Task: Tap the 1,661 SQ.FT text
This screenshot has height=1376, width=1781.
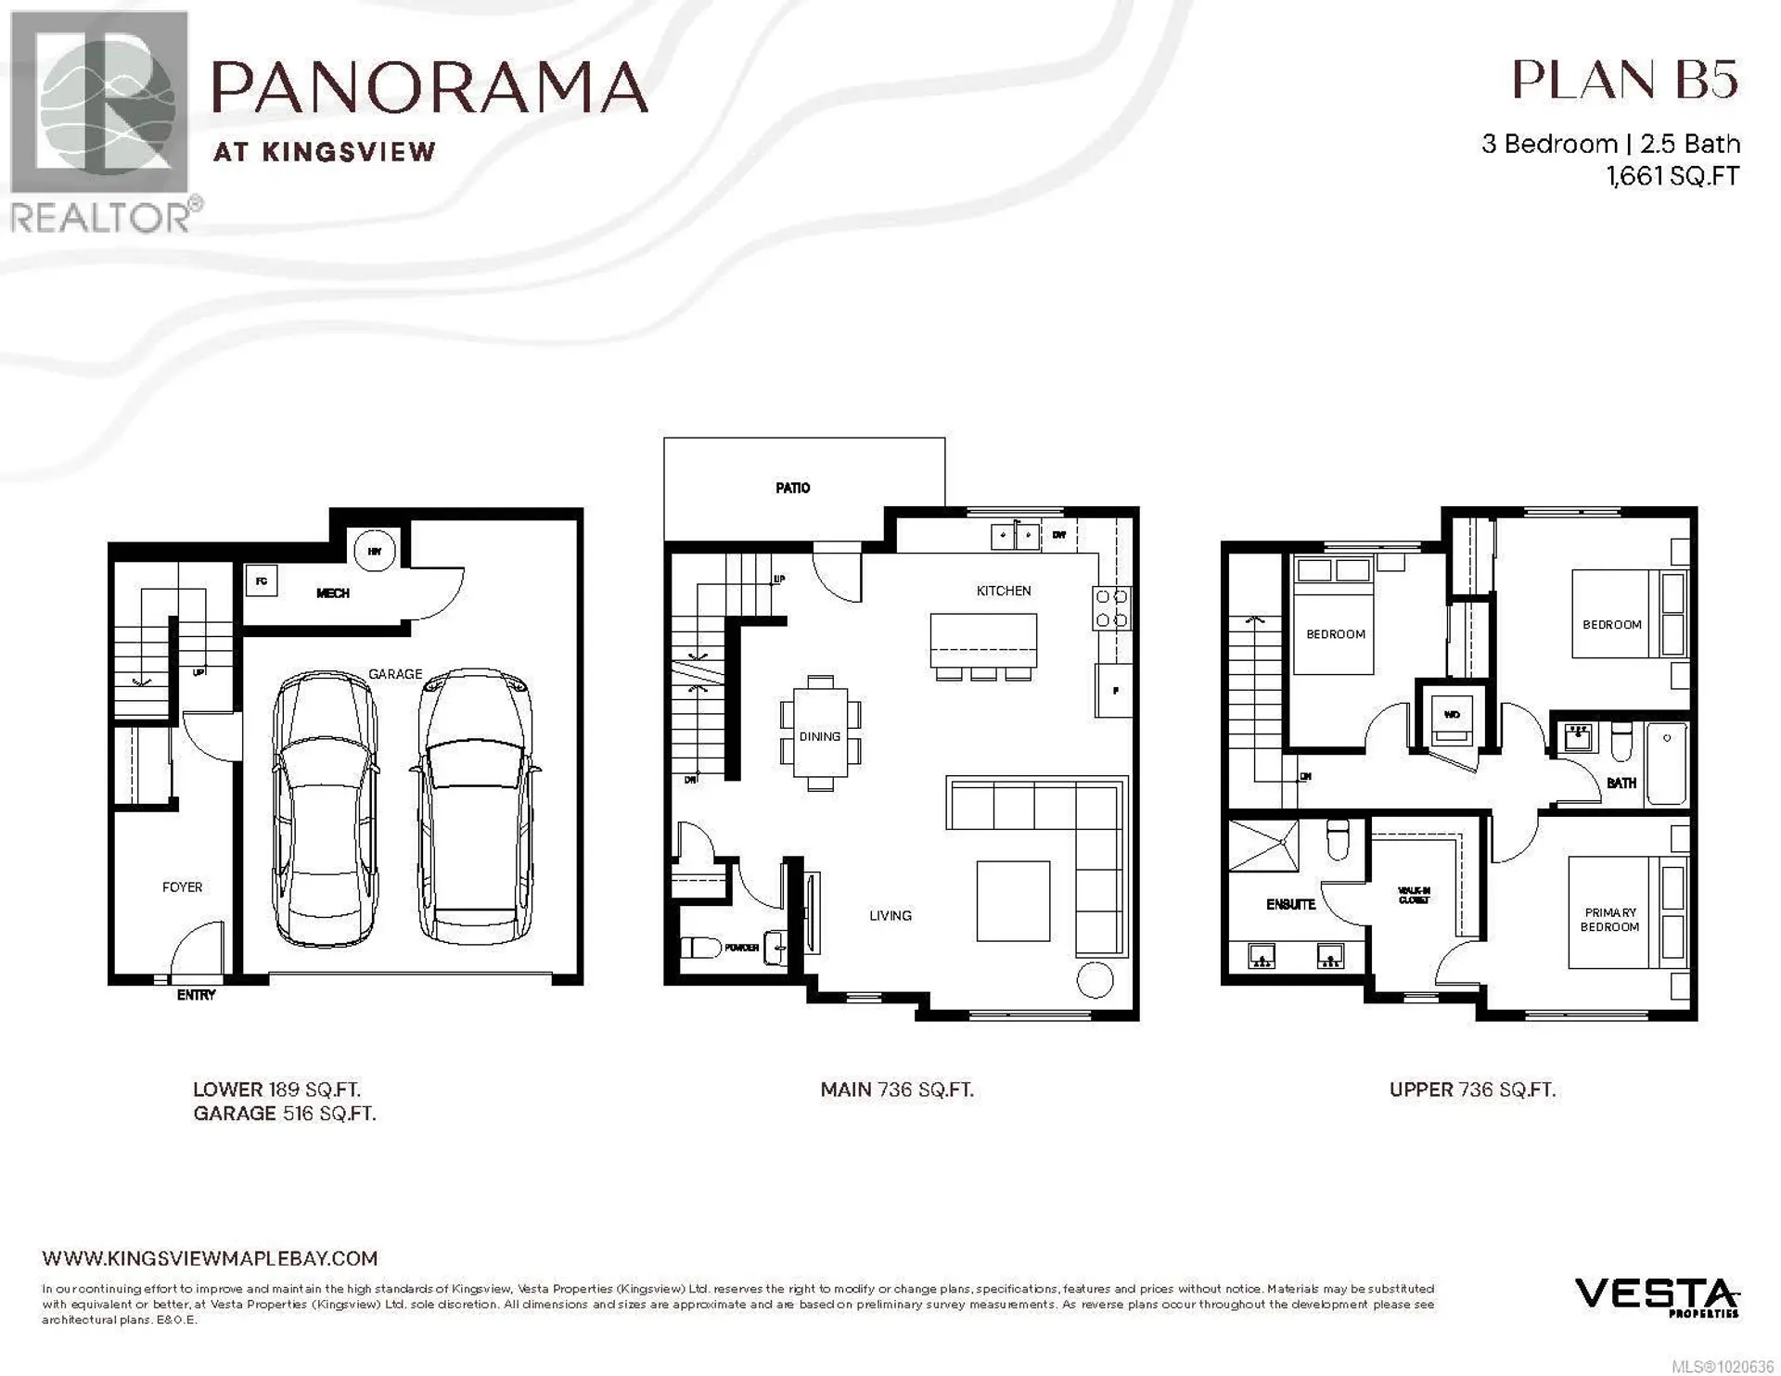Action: [x=1672, y=176]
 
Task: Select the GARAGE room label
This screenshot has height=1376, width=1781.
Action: [x=395, y=674]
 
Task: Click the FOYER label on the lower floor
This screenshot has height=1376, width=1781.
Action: [x=182, y=887]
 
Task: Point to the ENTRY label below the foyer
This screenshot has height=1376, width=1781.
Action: [x=196, y=995]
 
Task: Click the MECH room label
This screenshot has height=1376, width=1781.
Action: [x=332, y=593]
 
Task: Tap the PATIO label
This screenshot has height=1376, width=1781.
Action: [x=792, y=488]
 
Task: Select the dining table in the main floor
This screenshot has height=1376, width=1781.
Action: [x=820, y=733]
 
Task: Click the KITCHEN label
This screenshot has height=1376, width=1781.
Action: [x=1003, y=591]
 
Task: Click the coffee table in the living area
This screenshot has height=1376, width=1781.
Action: [x=1013, y=900]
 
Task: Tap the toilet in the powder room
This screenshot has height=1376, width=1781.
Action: [x=701, y=948]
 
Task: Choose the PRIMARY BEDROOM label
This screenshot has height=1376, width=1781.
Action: [x=1609, y=920]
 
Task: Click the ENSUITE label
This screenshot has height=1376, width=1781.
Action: [x=1290, y=904]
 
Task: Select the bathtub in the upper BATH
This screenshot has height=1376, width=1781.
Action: [x=1666, y=764]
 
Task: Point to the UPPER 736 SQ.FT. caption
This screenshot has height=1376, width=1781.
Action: [x=1472, y=1090]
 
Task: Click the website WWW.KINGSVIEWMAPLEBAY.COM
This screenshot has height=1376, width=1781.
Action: [x=210, y=1258]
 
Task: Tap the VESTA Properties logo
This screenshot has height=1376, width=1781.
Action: [x=1656, y=1296]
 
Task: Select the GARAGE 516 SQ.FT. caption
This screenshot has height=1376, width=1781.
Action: [x=284, y=1114]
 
